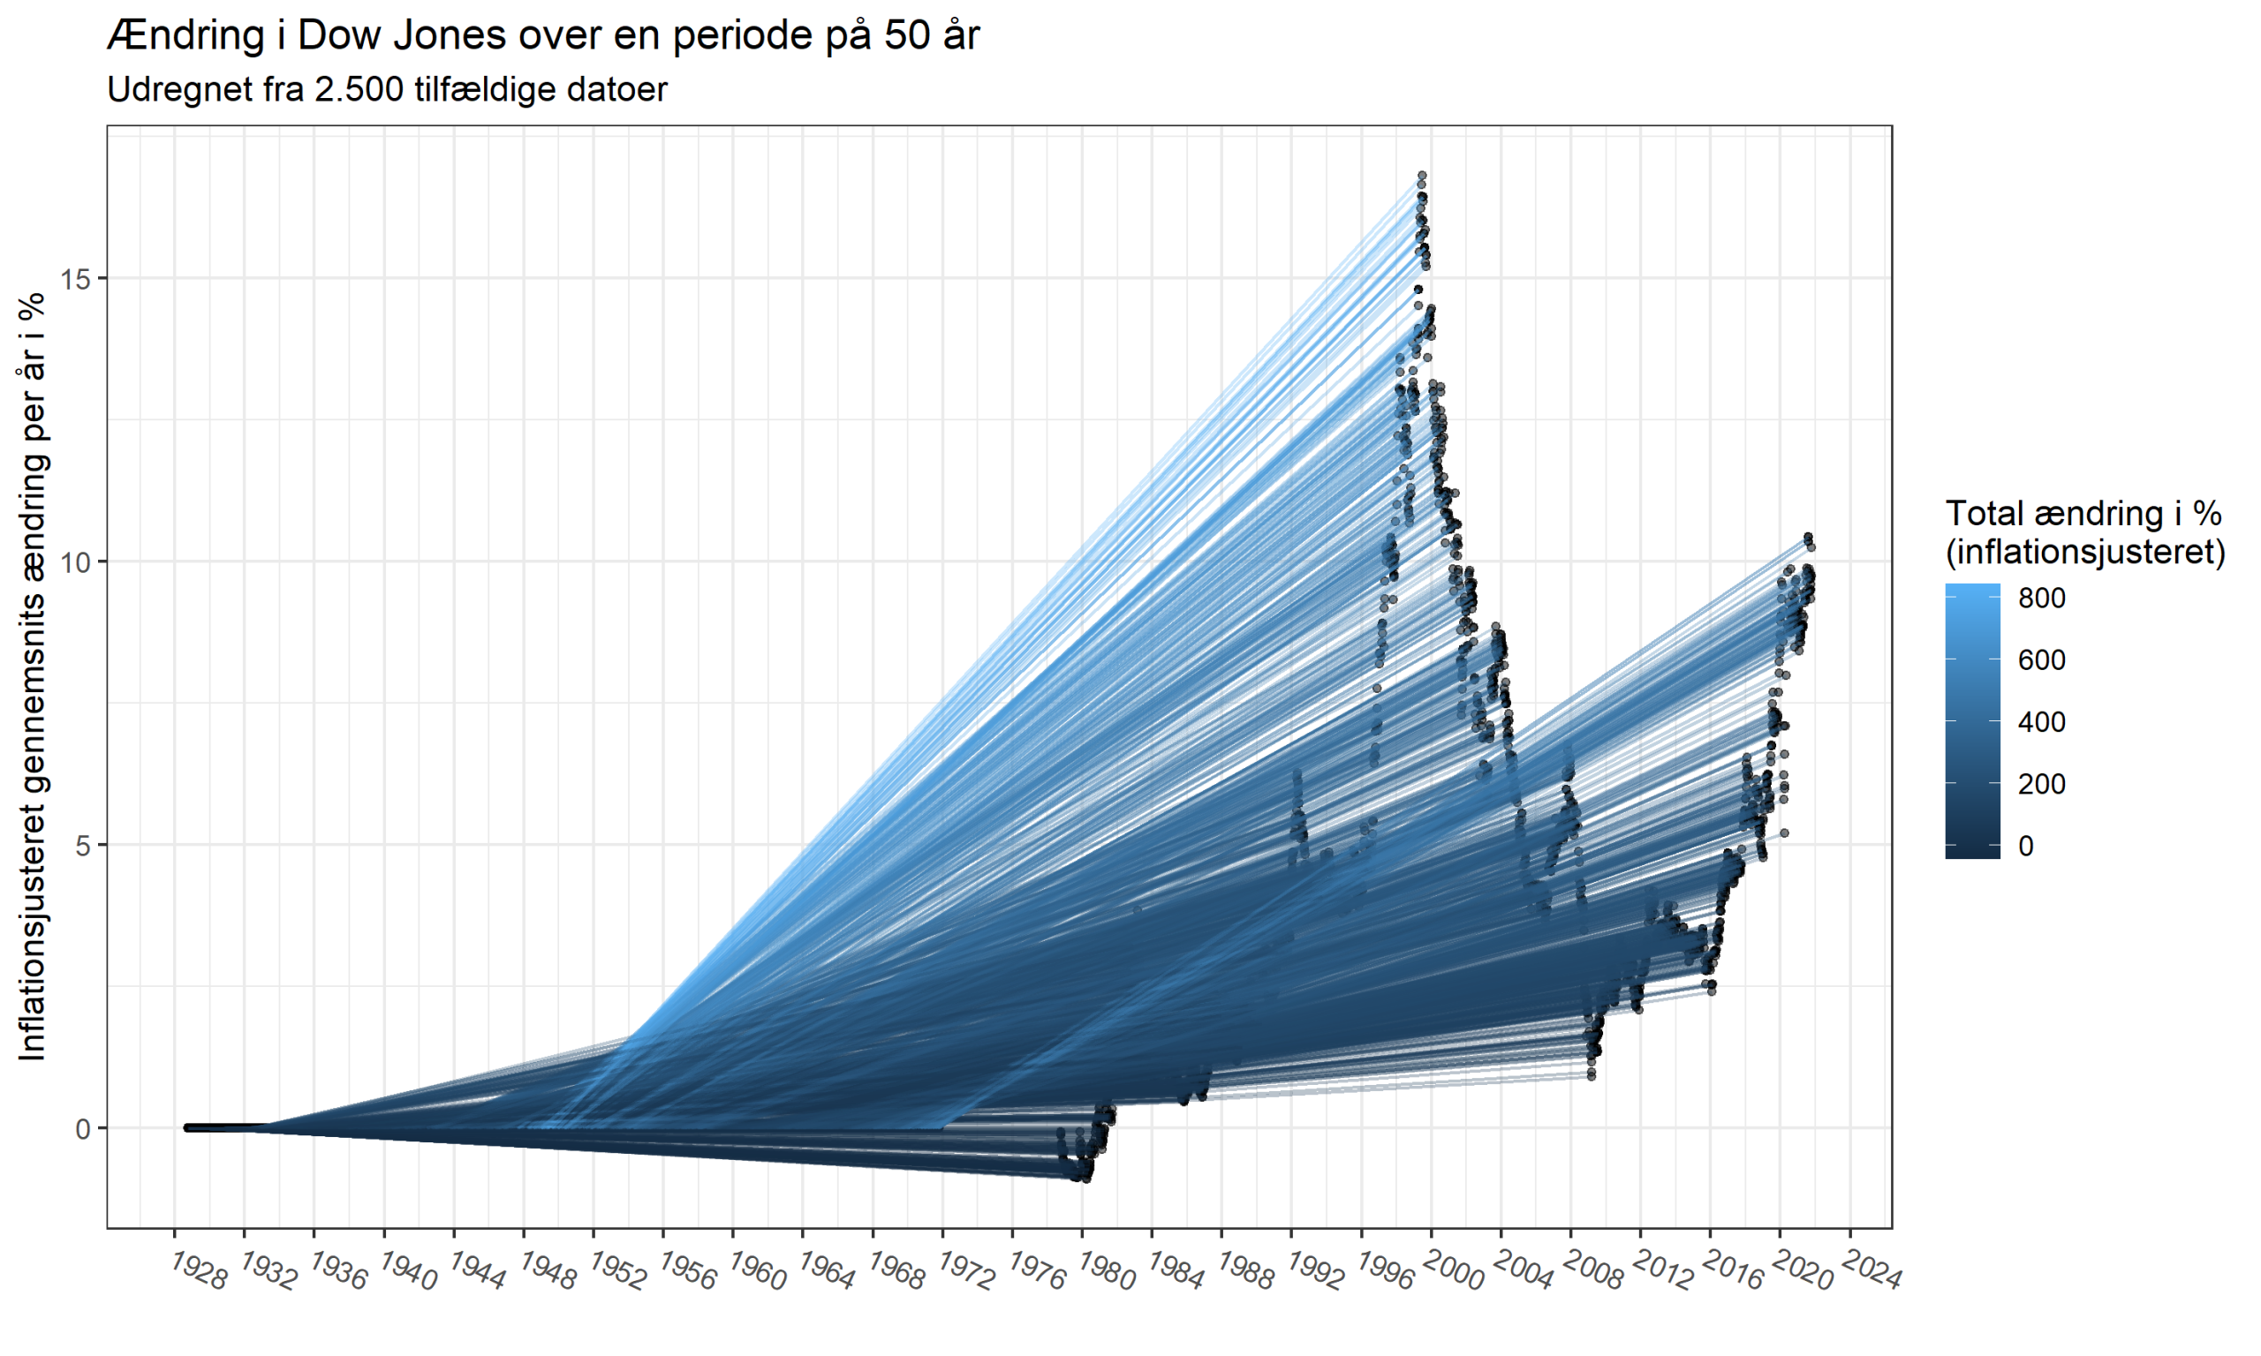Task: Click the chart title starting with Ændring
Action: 543,36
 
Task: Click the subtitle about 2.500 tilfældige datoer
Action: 387,89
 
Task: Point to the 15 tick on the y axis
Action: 77,279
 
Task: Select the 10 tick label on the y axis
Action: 77,562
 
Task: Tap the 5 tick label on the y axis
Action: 84,845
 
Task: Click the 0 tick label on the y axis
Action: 84,1129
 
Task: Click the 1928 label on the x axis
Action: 199,1272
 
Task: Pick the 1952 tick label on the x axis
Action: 617,1272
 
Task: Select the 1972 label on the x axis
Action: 967,1272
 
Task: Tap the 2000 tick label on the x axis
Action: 1455,1272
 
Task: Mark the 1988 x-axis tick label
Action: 1245,1272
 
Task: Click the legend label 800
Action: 2042,599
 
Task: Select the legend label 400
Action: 2042,723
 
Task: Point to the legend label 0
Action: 2026,846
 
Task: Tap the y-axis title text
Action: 33,676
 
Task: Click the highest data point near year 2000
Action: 1422,175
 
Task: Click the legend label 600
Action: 2042,660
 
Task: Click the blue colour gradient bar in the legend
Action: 1972,721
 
